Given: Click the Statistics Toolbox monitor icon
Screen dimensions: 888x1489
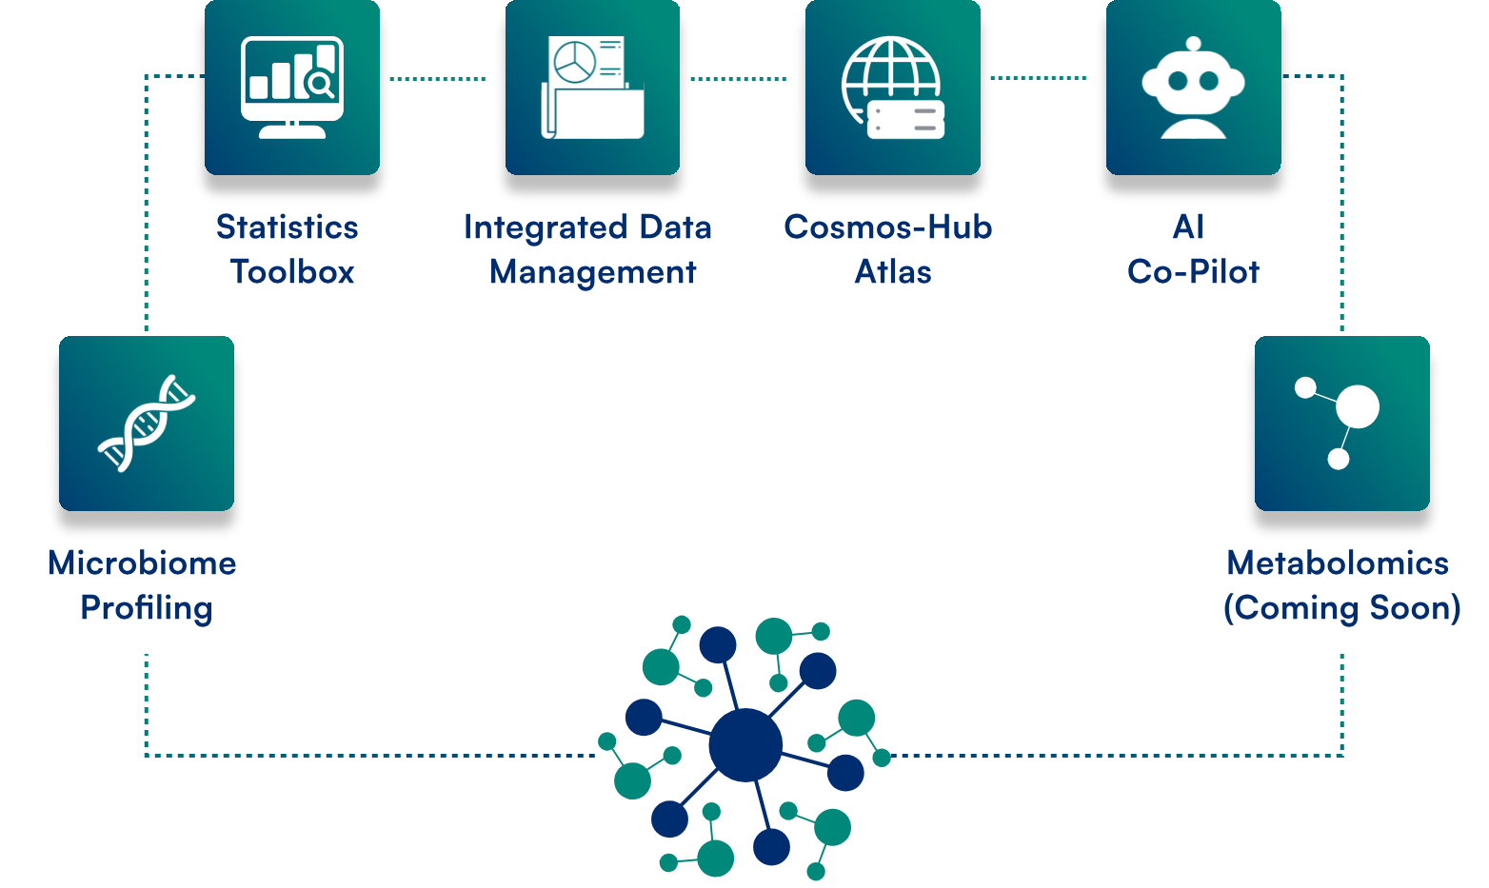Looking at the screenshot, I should pos(291,87).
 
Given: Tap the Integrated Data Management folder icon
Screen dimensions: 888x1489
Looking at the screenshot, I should pos(592,87).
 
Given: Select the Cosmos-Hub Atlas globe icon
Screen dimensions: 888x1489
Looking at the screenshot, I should pos(892,87).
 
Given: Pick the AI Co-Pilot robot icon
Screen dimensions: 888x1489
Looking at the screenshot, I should pos(1193,87).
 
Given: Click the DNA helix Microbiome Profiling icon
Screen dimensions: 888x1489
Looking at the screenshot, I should pos(147,423).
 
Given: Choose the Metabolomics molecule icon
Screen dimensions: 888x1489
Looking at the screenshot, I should pos(1341,423).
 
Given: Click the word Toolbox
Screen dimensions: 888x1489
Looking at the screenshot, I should pos(292,272).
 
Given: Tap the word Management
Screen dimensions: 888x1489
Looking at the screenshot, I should pos(592,272).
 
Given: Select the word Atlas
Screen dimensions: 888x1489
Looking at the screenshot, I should pos(892,272).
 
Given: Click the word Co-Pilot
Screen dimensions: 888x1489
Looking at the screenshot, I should pos(1193,272).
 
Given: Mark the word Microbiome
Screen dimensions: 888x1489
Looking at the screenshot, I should pos(142,563).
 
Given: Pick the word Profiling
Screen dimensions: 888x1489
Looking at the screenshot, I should pos(147,608).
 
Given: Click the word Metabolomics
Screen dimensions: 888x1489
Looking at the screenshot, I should pos(1338,563).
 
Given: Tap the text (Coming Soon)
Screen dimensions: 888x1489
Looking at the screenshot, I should pos(1341,608).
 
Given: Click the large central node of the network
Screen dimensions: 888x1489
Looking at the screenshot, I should pos(744,744).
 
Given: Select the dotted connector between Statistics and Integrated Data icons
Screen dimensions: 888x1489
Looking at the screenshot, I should pos(438,79).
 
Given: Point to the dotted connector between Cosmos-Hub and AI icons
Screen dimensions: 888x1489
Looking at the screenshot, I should pos(1039,78).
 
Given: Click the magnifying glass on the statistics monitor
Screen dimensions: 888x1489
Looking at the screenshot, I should pos(321,85).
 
